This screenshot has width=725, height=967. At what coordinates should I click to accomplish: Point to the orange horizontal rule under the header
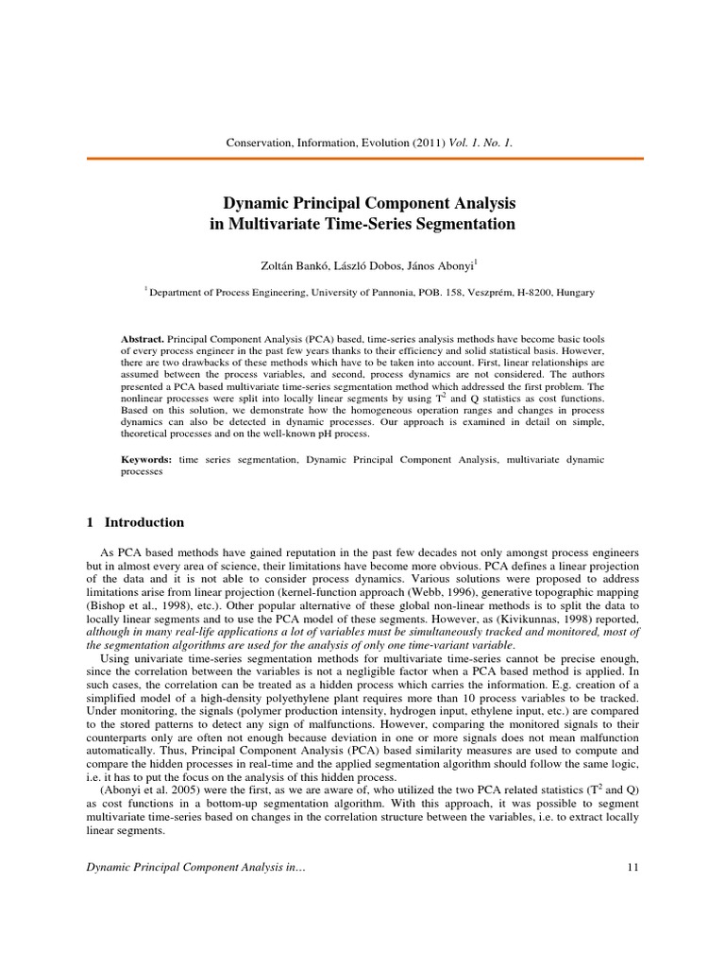coord(362,158)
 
